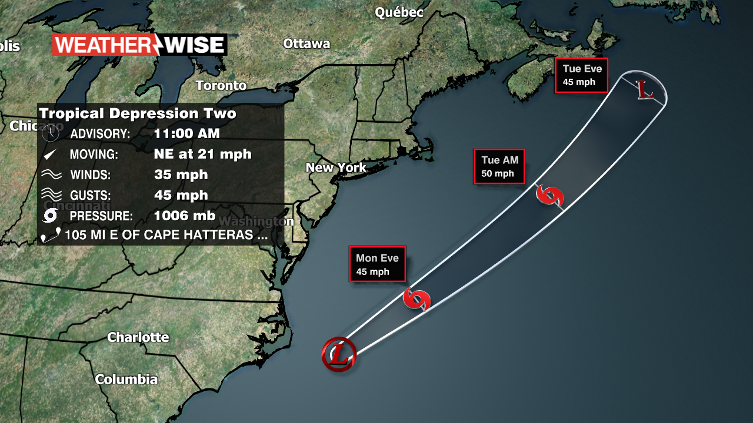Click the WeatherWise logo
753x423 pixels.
[139, 45]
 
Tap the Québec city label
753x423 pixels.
[399, 12]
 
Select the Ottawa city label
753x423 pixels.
[306, 43]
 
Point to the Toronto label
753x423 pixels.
[221, 85]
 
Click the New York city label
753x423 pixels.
[335, 167]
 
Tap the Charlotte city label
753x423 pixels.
[138, 337]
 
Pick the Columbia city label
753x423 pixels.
[126, 379]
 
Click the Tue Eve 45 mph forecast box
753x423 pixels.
[581, 75]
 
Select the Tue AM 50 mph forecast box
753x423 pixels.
[499, 166]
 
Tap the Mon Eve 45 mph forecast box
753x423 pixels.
[377, 264]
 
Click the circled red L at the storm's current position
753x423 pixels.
[339, 354]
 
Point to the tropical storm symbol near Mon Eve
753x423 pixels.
[417, 300]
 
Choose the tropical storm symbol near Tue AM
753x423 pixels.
[550, 196]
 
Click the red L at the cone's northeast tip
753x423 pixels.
[645, 92]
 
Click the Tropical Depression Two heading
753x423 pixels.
[138, 113]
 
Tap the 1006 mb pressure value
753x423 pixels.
[184, 216]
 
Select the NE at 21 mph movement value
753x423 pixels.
[202, 154]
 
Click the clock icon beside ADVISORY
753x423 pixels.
[51, 133]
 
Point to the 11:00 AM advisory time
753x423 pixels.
[186, 133]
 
